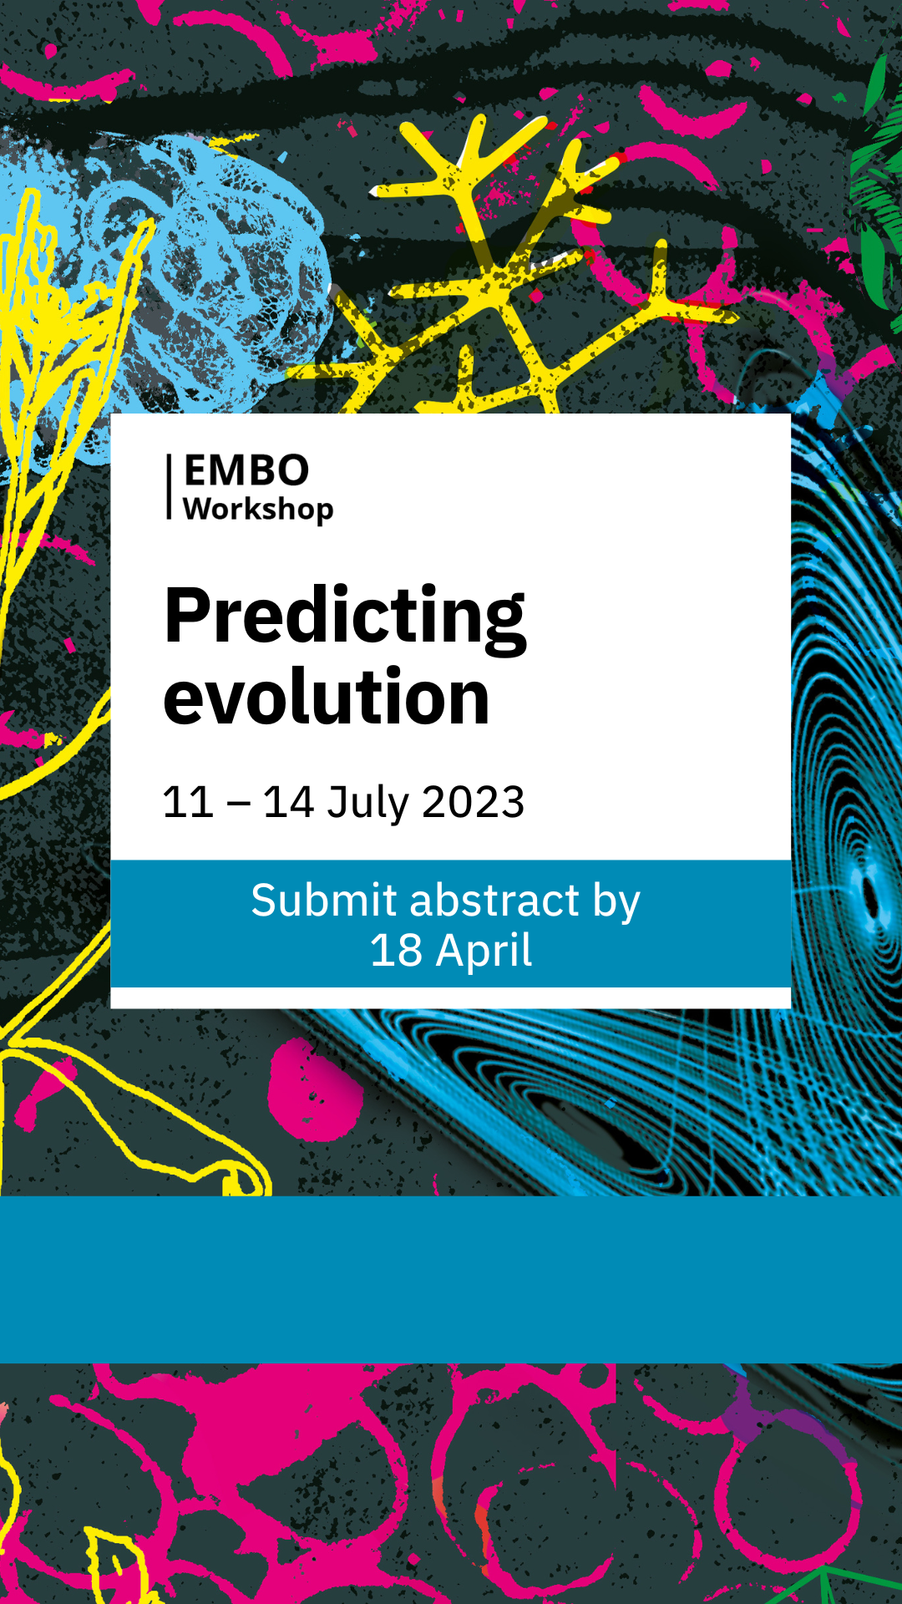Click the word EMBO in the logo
coord(246,470)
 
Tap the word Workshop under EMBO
coord(258,509)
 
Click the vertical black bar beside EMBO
coord(169,487)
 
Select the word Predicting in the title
coord(345,618)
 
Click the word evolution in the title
coord(327,697)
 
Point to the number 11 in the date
coord(189,802)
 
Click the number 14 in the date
coord(289,802)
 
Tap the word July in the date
coord(367,804)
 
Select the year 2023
coord(474,802)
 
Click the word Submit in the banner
coord(324,901)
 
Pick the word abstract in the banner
coord(494,901)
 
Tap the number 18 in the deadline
coord(396,951)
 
